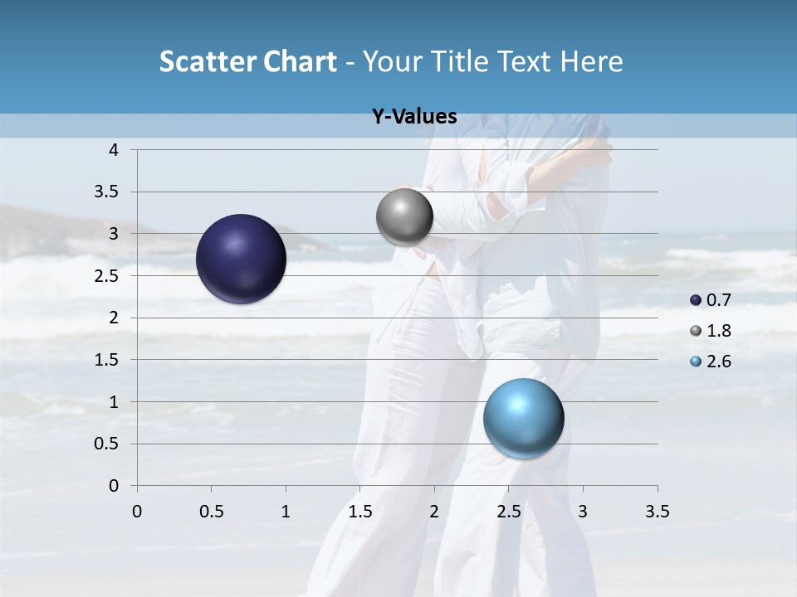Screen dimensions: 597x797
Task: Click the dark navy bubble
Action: (241, 259)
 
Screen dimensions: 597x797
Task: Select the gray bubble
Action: (404, 217)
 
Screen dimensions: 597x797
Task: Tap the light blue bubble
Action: (523, 418)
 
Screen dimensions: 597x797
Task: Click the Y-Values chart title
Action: (414, 117)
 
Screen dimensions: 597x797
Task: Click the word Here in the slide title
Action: (591, 61)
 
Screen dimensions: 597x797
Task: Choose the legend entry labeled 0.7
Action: (711, 300)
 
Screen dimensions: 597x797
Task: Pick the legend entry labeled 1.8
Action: (711, 331)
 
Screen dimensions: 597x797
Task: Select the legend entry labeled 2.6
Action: (711, 362)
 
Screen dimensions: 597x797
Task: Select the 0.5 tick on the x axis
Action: (212, 512)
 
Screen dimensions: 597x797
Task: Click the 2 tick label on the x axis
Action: (434, 512)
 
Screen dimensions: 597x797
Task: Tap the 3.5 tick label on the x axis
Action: (657, 512)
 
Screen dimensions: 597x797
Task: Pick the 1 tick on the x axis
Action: (286, 512)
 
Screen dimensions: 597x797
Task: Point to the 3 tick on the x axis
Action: (583, 512)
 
